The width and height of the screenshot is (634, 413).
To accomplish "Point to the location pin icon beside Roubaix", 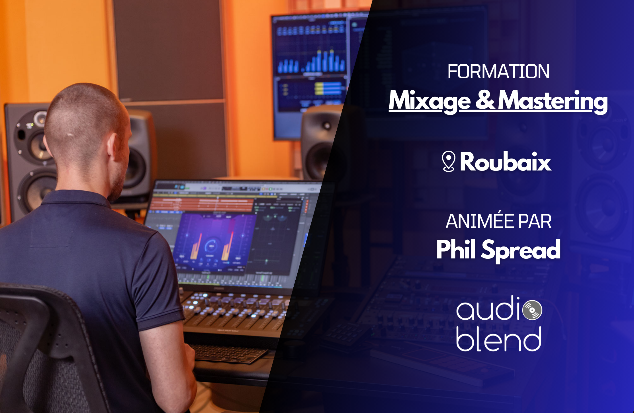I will (x=448, y=161).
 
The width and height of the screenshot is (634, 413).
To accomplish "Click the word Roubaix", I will (x=506, y=162).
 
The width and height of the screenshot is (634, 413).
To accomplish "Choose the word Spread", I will (x=521, y=250).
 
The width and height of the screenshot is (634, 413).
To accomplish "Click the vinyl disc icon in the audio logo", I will (x=532, y=310).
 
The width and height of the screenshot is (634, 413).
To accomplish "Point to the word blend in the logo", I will (x=498, y=339).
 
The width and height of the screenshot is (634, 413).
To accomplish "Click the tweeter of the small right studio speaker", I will (x=327, y=126).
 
